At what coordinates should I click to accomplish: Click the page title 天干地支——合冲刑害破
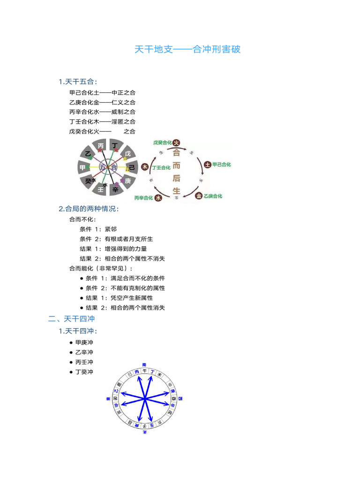point(187,49)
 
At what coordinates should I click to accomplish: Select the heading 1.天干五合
point(78,82)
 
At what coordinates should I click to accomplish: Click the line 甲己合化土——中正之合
point(102,92)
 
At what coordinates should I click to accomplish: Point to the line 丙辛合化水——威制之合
point(102,112)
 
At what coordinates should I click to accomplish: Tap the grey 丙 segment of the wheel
point(101,146)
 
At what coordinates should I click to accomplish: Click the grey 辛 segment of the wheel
point(115,189)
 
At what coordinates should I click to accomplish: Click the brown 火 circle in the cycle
point(176,142)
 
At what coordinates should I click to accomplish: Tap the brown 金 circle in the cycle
point(199,196)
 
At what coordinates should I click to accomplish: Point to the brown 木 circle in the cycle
point(145,167)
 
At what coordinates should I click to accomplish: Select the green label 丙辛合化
point(144,198)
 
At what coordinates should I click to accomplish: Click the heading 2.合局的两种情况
point(89,209)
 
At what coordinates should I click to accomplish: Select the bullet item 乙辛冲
point(84,352)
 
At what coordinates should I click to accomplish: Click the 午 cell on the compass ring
point(145,371)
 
